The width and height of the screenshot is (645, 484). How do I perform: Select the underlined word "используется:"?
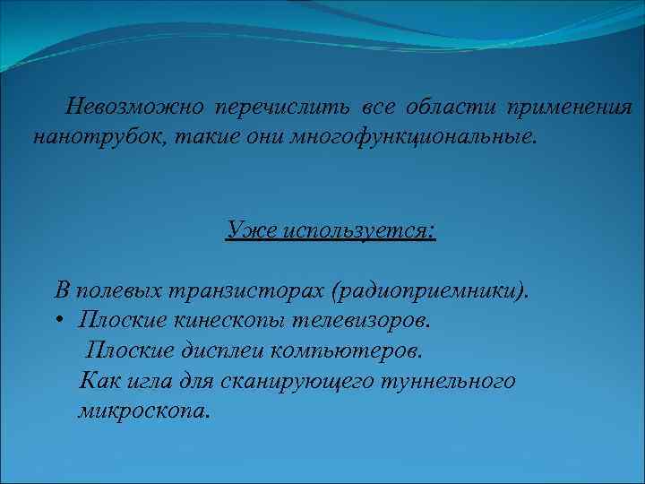coord(358,230)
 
